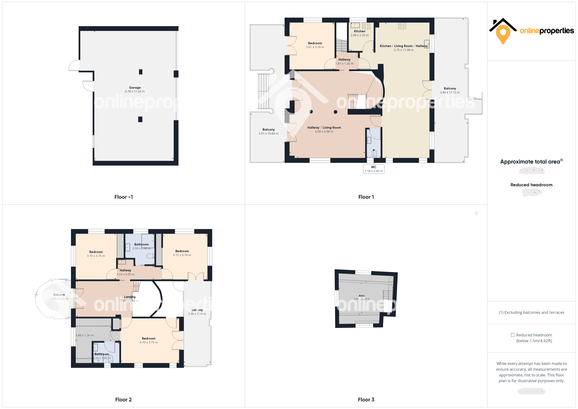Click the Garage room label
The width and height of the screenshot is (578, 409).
tap(135, 88)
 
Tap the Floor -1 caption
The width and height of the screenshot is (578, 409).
tap(123, 197)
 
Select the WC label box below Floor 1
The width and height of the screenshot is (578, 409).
tap(374, 169)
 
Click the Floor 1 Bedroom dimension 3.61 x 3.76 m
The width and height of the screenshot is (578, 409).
tap(315, 47)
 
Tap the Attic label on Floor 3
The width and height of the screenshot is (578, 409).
tap(362, 296)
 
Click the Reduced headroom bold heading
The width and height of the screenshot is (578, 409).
tap(531, 185)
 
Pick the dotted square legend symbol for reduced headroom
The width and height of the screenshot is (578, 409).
tap(512, 335)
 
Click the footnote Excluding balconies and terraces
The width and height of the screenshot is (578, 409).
tap(531, 312)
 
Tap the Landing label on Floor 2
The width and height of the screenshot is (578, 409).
tap(130, 297)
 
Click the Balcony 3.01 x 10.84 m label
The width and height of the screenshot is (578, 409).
tap(268, 131)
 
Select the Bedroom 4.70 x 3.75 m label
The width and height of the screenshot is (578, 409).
tap(149, 340)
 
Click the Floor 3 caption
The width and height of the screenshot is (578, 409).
tap(366, 400)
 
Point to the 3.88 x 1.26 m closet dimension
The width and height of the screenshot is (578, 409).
tap(85, 335)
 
